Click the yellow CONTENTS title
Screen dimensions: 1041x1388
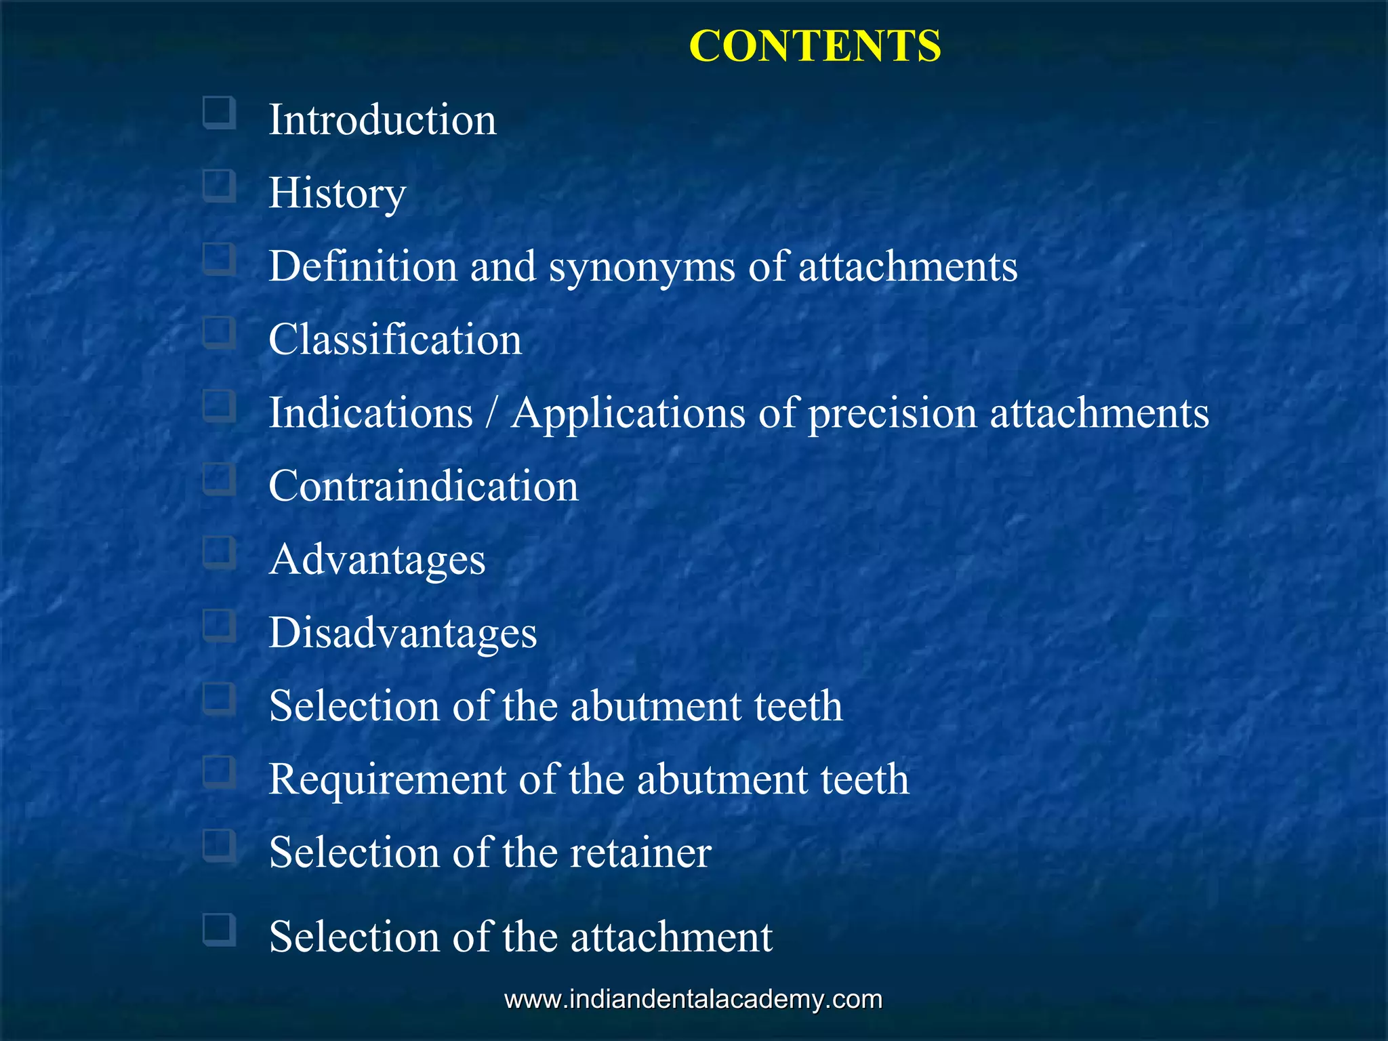[x=815, y=46]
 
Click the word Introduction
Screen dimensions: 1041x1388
[x=382, y=120]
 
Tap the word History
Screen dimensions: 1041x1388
[x=337, y=193]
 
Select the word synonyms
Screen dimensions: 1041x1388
[x=642, y=266]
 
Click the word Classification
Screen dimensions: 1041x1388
[x=395, y=340]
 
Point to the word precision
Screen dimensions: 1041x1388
[x=893, y=413]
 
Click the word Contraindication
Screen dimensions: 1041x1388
[x=424, y=486]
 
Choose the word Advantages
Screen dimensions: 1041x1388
[x=377, y=560]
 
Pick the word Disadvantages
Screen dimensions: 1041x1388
[x=403, y=633]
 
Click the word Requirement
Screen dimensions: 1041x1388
[x=387, y=779]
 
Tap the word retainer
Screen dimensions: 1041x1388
[x=640, y=853]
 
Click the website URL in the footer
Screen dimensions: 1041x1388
[x=693, y=1000]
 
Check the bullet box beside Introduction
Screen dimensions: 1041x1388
[x=219, y=113]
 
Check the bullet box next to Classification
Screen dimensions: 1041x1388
[x=219, y=333]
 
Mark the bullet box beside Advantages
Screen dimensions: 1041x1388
[x=219, y=552]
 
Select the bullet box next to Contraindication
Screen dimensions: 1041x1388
[x=219, y=479]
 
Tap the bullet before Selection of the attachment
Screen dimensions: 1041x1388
[x=219, y=930]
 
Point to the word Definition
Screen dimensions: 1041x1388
[x=363, y=266]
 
